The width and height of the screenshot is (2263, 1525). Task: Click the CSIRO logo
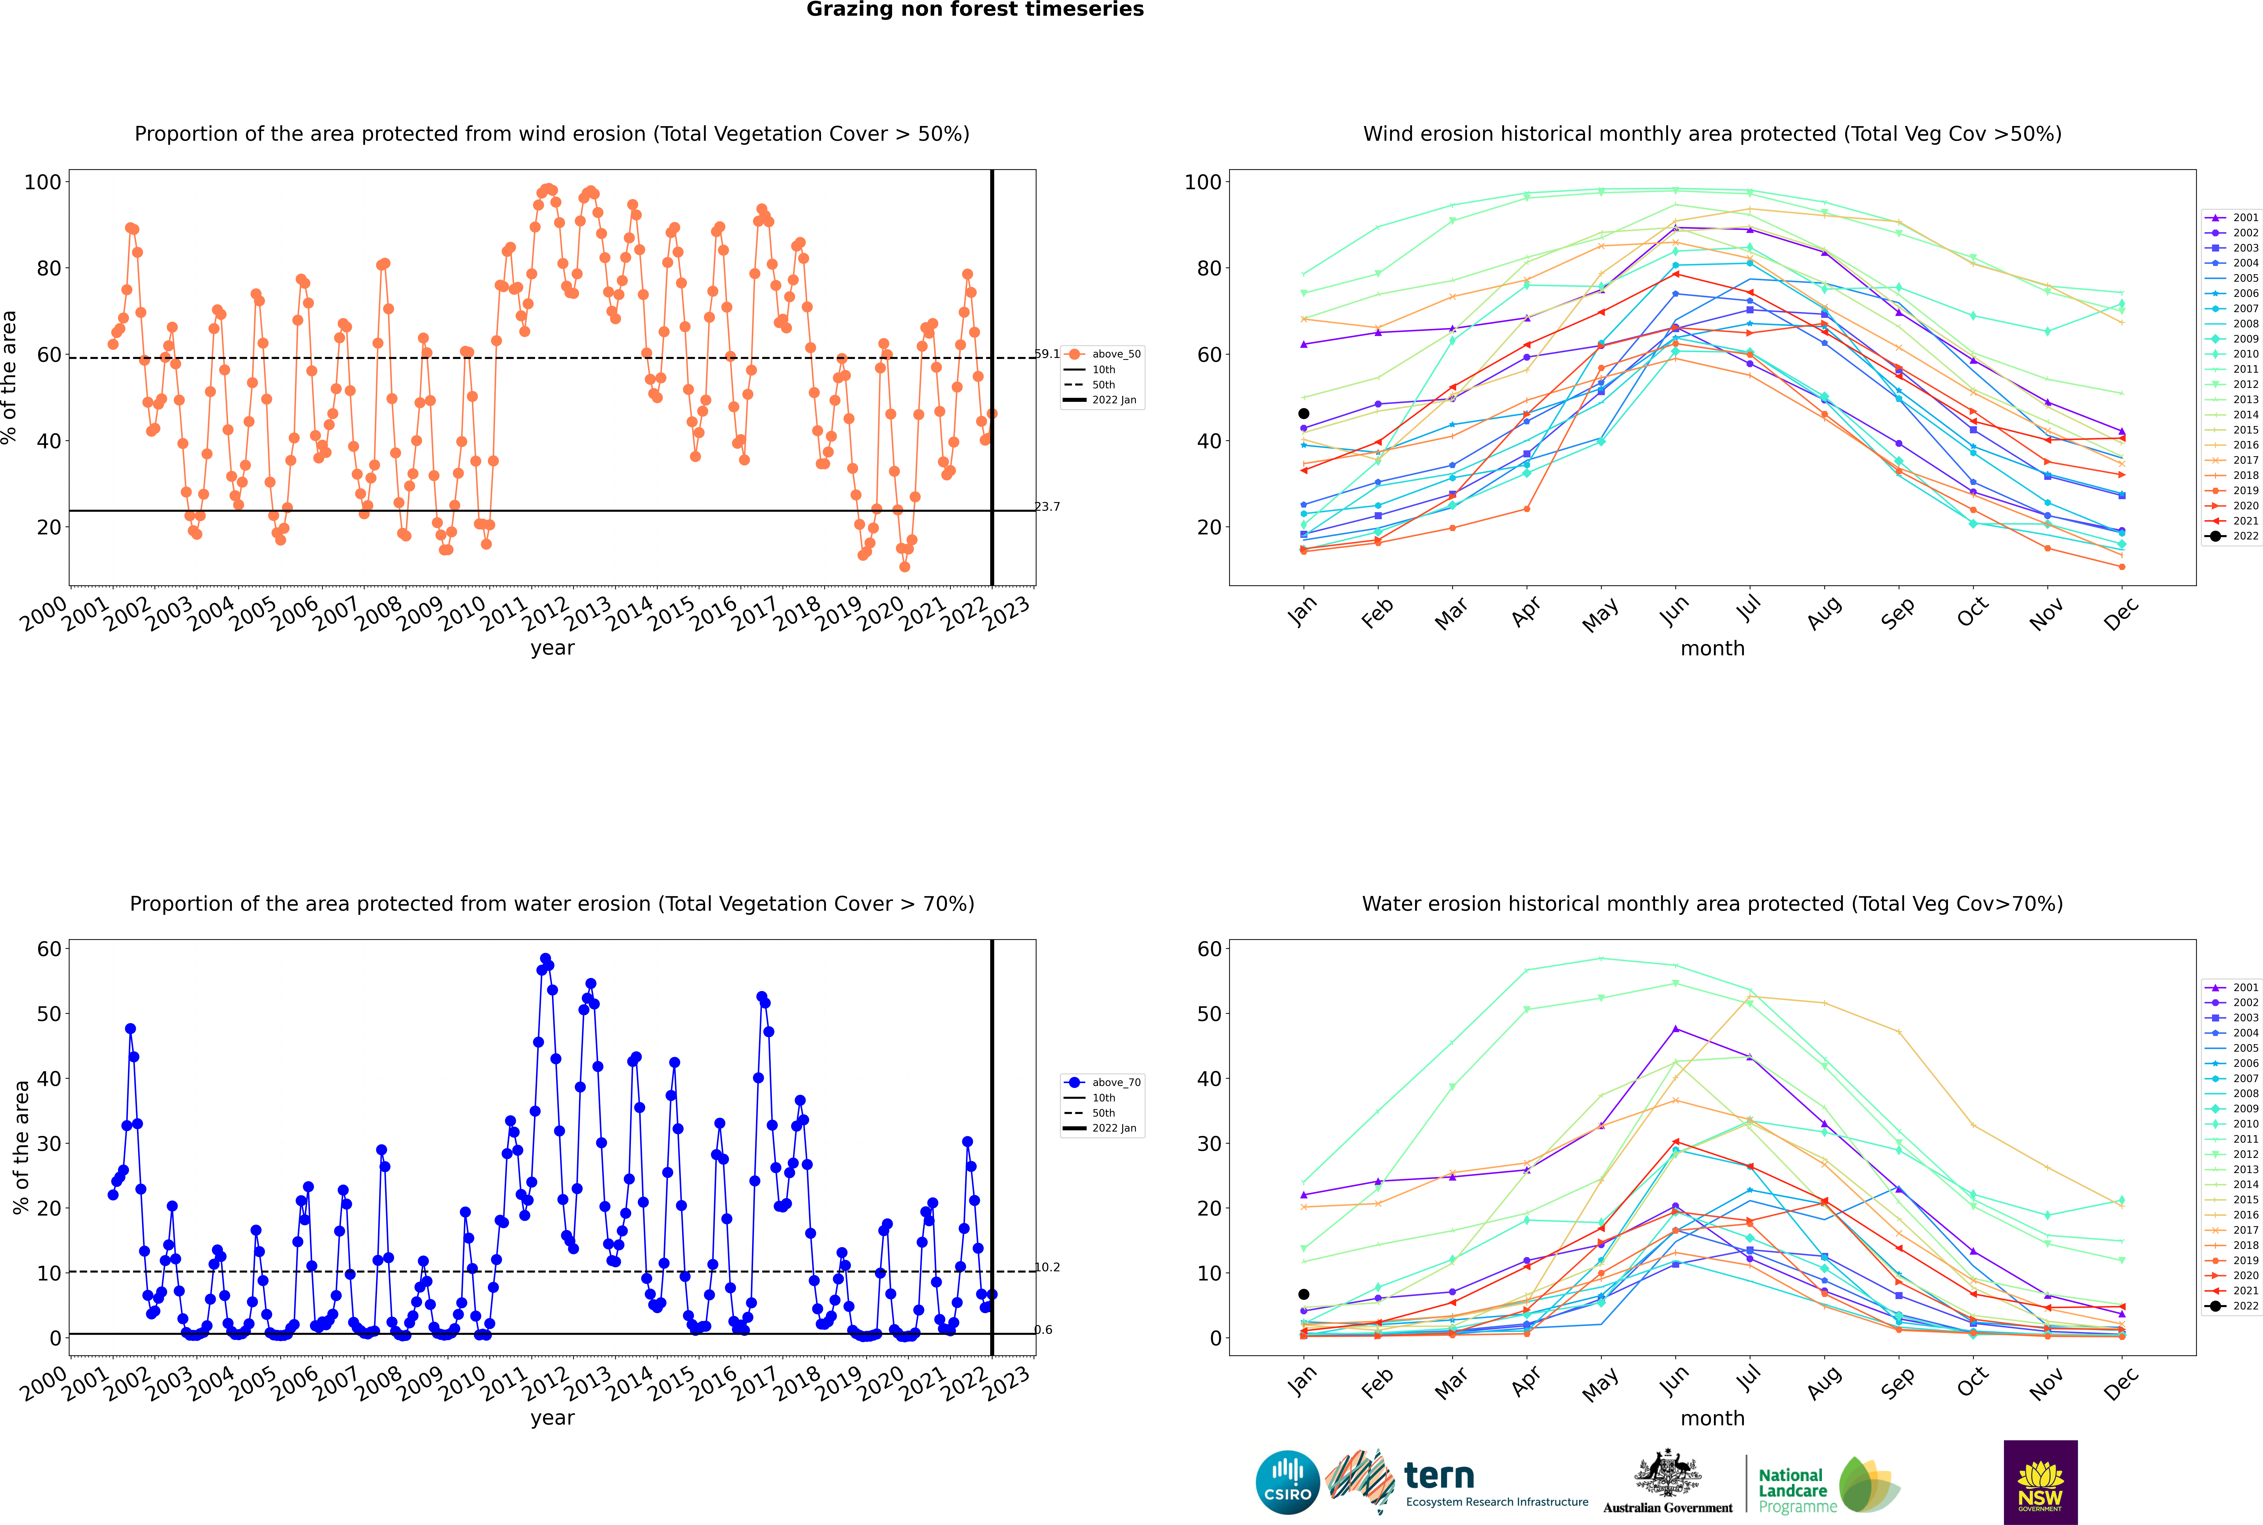click(1287, 1482)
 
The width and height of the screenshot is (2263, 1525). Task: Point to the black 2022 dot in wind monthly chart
click(1304, 413)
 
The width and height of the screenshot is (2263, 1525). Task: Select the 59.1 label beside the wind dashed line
click(1047, 354)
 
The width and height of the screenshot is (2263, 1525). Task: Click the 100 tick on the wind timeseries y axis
click(43, 182)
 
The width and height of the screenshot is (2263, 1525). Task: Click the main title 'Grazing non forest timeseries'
click(975, 10)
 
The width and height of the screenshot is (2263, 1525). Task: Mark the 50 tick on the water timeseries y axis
click(49, 1014)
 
